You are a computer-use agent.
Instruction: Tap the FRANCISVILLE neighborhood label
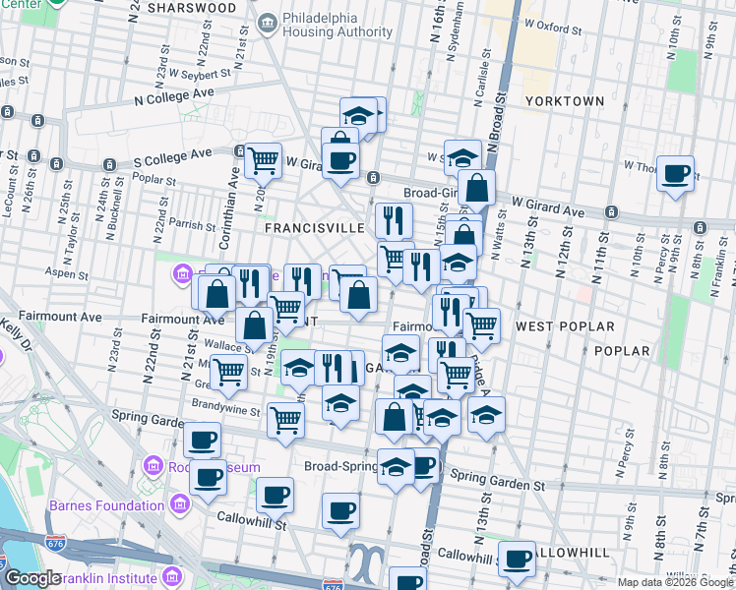click(x=315, y=227)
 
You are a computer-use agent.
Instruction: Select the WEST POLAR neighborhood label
click(x=565, y=326)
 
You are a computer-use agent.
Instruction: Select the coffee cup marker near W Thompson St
click(x=676, y=173)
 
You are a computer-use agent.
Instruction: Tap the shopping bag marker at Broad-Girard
click(x=476, y=186)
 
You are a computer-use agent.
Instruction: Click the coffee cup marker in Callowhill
click(x=518, y=558)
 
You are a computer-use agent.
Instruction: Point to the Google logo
click(x=32, y=578)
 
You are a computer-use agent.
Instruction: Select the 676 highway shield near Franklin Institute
click(x=55, y=542)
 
